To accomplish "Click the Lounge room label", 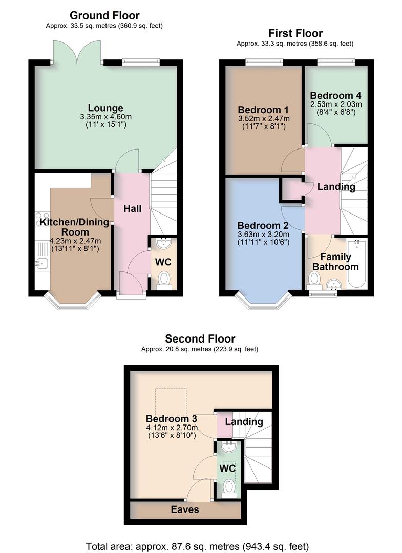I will click(x=105, y=108).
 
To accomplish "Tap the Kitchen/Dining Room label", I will click(x=75, y=227).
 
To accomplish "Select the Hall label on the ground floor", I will click(x=132, y=209).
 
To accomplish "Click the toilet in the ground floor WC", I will click(x=163, y=280).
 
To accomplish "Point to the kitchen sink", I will click(x=41, y=263).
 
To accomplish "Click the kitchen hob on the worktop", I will click(x=40, y=219).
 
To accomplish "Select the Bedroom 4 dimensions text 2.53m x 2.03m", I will click(x=335, y=104).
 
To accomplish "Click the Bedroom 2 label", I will click(x=263, y=226).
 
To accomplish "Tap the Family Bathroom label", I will click(x=335, y=262).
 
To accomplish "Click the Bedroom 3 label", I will click(x=172, y=418).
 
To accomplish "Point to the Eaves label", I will click(x=185, y=509).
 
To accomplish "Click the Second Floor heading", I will click(x=200, y=338).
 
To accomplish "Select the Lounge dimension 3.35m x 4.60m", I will click(x=105, y=117).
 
